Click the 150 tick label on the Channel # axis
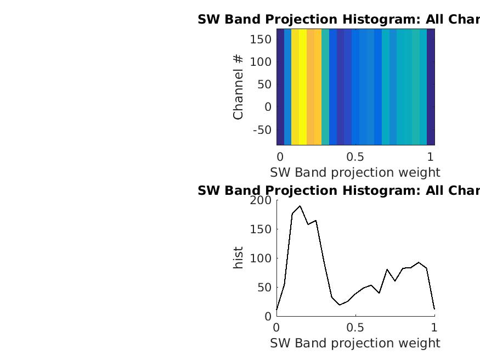pyautogui.click(x=261, y=39)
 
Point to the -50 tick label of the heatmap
pyautogui.click(x=262, y=130)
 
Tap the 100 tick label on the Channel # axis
pyautogui.click(x=261, y=62)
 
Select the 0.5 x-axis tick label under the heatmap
pyautogui.click(x=355, y=156)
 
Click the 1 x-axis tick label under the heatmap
pyautogui.click(x=431, y=156)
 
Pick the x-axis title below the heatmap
pyautogui.click(x=355, y=172)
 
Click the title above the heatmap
pyautogui.click(x=338, y=20)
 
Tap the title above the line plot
pyautogui.click(x=338, y=190)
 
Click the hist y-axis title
pyautogui.click(x=238, y=258)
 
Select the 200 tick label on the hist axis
pyautogui.click(x=261, y=200)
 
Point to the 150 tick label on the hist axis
pyautogui.click(x=261, y=229)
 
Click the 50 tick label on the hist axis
pyautogui.click(x=264, y=288)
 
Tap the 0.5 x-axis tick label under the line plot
pyautogui.click(x=355, y=328)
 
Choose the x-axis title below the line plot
pyautogui.click(x=355, y=343)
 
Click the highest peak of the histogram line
pyautogui.click(x=300, y=206)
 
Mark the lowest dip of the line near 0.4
pyautogui.click(x=340, y=305)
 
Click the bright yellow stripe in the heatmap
pyautogui.click(x=299, y=87)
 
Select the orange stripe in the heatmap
pyautogui.click(x=314, y=87)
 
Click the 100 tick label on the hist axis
pyautogui.click(x=261, y=258)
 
